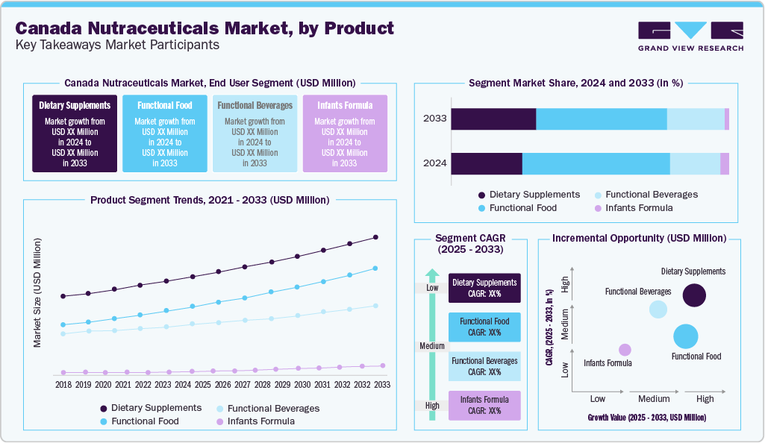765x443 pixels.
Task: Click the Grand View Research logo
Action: (690, 36)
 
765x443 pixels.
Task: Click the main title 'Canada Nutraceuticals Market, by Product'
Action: (204, 28)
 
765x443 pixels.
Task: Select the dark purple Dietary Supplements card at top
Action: (75, 133)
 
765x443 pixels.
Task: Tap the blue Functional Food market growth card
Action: (165, 133)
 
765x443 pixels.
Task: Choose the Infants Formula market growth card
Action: (345, 133)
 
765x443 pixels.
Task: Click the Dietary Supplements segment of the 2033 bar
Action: (493, 119)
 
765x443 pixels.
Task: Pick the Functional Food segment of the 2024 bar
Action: (596, 164)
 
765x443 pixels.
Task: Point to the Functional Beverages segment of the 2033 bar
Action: (696, 119)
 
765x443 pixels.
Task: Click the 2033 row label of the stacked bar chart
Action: (434, 119)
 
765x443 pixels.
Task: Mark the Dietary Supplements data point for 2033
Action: (375, 237)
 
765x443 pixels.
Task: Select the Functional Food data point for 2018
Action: (63, 324)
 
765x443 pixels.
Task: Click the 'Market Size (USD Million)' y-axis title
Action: (37, 293)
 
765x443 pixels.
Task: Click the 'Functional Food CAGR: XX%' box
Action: (484, 327)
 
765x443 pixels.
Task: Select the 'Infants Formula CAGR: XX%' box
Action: (484, 405)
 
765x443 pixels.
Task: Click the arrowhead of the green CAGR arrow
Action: (431, 274)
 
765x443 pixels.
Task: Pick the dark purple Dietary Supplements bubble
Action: (694, 295)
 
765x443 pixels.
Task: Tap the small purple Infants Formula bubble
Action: (625, 350)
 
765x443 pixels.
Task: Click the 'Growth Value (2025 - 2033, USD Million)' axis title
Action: (646, 418)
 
